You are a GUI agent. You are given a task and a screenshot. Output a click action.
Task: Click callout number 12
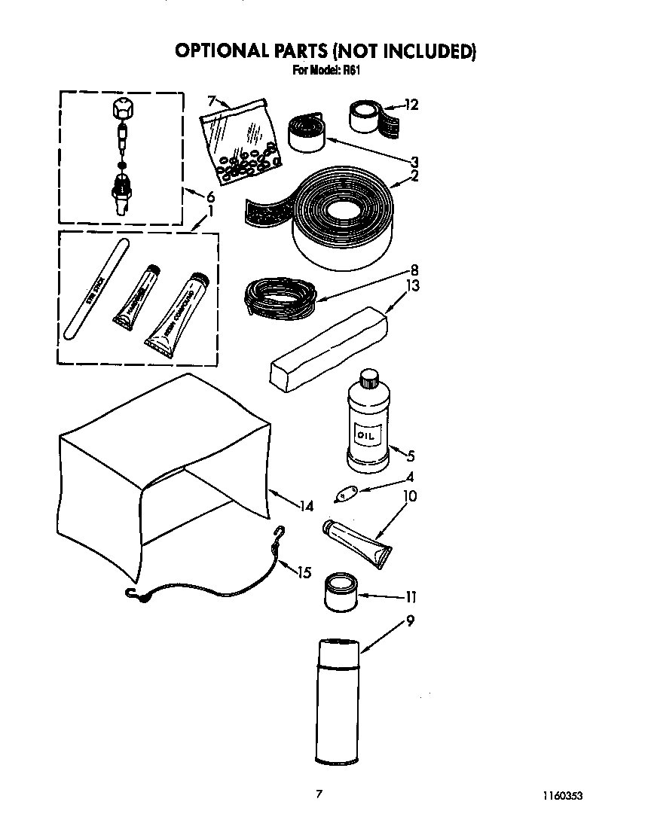tap(411, 105)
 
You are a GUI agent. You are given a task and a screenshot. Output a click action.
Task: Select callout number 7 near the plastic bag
tap(212, 99)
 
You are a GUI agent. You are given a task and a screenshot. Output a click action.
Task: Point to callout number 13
tap(412, 286)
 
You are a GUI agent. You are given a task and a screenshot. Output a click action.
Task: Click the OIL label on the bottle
tap(365, 435)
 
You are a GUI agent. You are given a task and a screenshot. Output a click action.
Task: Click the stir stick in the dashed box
tap(96, 290)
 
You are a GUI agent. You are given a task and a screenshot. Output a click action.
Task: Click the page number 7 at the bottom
tap(319, 794)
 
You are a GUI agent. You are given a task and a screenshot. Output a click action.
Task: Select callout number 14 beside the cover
tap(306, 507)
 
